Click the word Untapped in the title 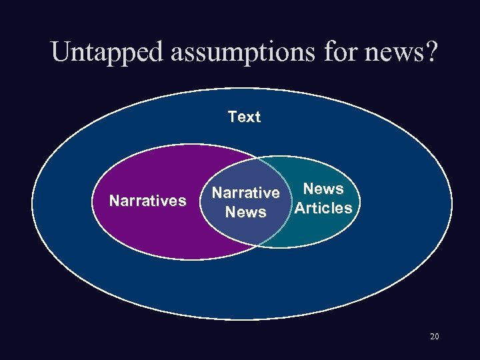pos(107,52)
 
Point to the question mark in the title pos(431,52)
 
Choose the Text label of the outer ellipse pos(244,117)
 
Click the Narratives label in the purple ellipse pos(147,201)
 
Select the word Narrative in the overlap pos(245,193)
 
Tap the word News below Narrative pos(245,212)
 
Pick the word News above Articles pos(323,189)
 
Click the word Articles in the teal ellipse pos(323,208)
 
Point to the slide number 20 pos(434,337)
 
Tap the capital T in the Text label pos(232,117)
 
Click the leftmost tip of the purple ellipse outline pos(92,202)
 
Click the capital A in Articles pos(300,208)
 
